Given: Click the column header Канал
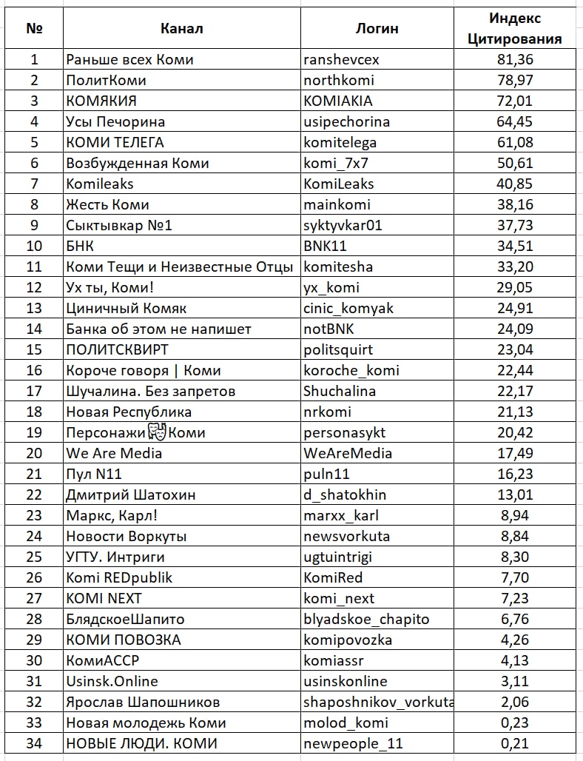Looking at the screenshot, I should tap(181, 29).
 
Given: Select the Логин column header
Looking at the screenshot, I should tap(377, 29).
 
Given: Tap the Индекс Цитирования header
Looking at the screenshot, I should tap(515, 29).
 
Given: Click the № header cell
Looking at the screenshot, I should tap(34, 29).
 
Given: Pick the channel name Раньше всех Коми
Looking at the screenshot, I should tap(129, 59).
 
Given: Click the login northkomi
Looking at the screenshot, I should tap(339, 80).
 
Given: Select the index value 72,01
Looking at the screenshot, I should tap(515, 101).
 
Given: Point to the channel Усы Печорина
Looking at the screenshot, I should tap(115, 121).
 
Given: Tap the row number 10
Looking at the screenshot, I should tap(34, 246).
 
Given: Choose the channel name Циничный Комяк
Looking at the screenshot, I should tap(127, 308).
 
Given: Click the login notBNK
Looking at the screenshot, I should tap(331, 329).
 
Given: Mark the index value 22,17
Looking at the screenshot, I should tap(515, 391).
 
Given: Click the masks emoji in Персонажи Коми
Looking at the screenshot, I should tap(155, 432).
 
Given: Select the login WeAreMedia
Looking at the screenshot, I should tap(348, 453).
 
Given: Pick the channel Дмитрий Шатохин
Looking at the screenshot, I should tap(131, 495).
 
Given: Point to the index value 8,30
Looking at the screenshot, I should tap(515, 557).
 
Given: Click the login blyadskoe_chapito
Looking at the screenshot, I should tap(366, 619).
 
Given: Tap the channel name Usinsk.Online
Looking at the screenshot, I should tap(112, 681).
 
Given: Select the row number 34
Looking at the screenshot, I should tap(34, 743).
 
